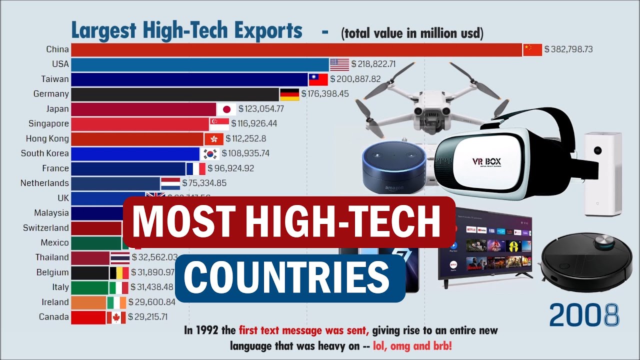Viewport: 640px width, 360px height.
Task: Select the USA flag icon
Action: coord(339,64)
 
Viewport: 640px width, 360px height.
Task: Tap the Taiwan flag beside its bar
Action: coord(318,79)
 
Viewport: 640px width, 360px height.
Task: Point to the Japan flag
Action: coord(226,109)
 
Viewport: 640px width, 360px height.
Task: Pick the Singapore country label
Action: coord(48,123)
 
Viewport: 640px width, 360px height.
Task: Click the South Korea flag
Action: coord(210,153)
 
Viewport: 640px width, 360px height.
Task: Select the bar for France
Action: coord(128,168)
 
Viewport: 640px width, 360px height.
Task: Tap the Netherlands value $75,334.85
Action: coord(204,183)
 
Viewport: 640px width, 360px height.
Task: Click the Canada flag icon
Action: coord(116,317)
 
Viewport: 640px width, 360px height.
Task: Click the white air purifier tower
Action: coord(603,173)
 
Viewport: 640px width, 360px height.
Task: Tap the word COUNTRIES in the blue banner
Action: coord(290,277)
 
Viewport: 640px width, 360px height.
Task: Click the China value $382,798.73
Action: coord(568,49)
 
